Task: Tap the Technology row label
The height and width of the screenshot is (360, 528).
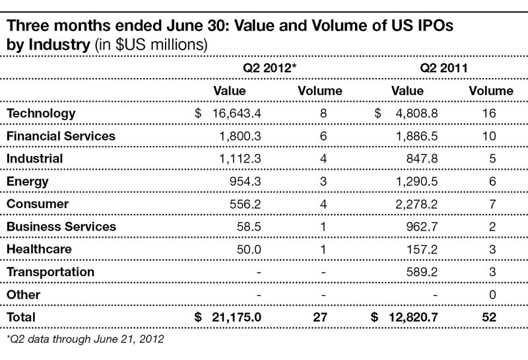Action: [41, 113]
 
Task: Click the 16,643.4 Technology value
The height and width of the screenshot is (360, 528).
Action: [237, 113]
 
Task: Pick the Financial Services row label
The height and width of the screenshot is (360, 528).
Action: [61, 135]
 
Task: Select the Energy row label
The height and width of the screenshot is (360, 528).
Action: [27, 181]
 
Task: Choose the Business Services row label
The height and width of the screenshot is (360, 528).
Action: [61, 227]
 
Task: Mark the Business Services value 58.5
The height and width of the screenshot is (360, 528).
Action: [249, 227]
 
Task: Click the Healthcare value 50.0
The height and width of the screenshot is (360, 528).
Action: [249, 249]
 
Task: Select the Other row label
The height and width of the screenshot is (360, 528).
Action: [23, 295]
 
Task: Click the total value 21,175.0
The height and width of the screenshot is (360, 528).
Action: [237, 317]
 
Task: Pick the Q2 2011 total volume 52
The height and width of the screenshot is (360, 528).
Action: [490, 317]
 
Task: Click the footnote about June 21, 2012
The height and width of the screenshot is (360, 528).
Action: [84, 340]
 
